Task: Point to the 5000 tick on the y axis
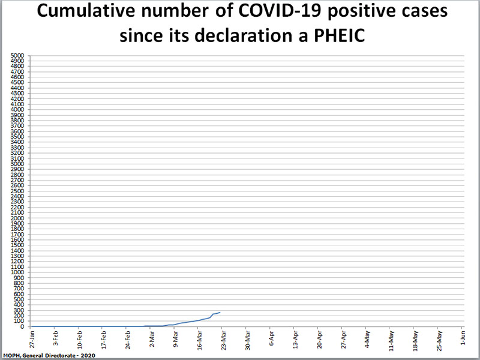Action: coord(17,56)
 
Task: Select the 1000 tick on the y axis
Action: coord(17,272)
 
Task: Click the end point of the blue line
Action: coord(220,313)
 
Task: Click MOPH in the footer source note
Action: coord(12,356)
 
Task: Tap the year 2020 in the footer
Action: coord(86,356)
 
